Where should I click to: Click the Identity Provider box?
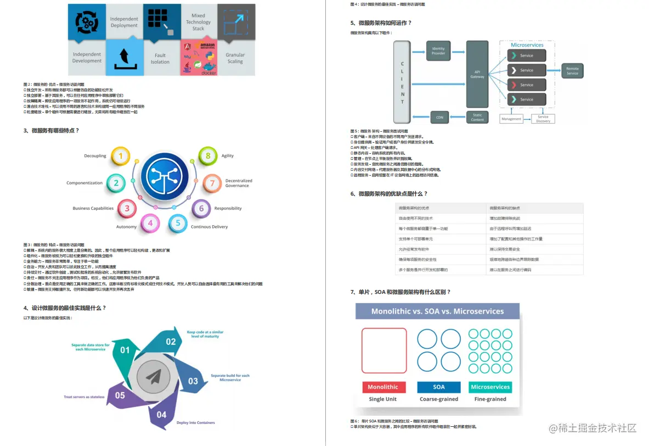pos(438,51)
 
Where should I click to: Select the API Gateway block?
pos(477,74)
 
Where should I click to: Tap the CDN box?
pos(439,117)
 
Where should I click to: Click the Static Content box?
pos(477,117)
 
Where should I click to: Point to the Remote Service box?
pos(572,71)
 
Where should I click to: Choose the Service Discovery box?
pos(543,119)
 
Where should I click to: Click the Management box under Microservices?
pos(511,119)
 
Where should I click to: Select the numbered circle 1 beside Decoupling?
pos(121,157)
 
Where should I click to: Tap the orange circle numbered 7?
pos(212,183)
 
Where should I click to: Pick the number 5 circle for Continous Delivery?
pos(178,223)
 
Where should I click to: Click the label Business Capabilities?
pos(93,209)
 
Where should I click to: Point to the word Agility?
pos(228,156)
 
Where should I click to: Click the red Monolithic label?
pos(383,387)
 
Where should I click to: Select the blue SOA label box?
pos(439,387)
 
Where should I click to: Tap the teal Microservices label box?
pos(490,387)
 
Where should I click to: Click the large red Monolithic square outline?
pos(384,350)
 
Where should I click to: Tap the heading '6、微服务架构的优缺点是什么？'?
pos(388,194)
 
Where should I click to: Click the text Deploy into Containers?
pos(195,422)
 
